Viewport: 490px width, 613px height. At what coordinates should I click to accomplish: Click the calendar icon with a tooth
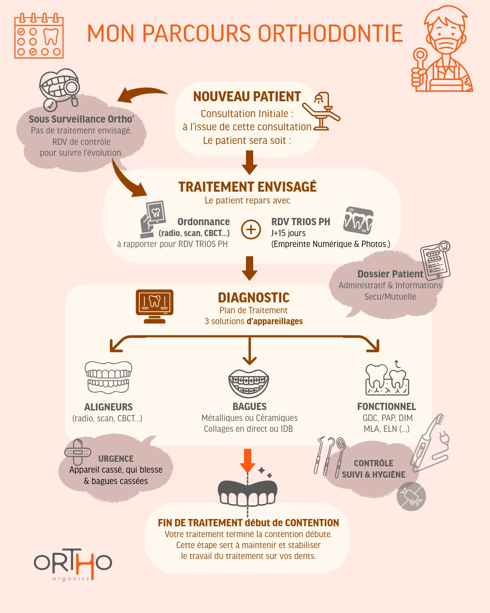pyautogui.click(x=39, y=36)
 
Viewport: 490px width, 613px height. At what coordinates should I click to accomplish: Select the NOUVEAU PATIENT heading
pyautogui.click(x=247, y=97)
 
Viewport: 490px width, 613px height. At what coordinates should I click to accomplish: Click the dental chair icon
pyautogui.click(x=322, y=111)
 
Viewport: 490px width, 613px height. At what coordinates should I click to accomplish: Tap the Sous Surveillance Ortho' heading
pyautogui.click(x=81, y=119)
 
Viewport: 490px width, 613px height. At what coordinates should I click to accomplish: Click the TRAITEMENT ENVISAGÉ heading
pyautogui.click(x=247, y=187)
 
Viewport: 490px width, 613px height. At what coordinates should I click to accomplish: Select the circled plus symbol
pyautogui.click(x=251, y=229)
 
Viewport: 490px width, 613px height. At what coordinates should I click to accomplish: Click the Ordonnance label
pyautogui.click(x=203, y=222)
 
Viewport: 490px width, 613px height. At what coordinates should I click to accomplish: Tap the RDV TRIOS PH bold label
pyautogui.click(x=300, y=222)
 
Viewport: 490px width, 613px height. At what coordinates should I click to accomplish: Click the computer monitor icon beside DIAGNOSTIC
pyautogui.click(x=155, y=306)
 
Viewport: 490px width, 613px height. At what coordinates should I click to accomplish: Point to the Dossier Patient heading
pyautogui.click(x=390, y=274)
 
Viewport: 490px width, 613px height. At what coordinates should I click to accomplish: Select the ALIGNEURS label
pyautogui.click(x=108, y=407)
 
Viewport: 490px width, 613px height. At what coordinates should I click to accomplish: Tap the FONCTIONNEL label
pyautogui.click(x=386, y=406)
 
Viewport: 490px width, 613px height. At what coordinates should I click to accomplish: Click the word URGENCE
pyautogui.click(x=116, y=459)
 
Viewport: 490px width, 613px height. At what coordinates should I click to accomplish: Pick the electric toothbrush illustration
pyautogui.click(x=429, y=443)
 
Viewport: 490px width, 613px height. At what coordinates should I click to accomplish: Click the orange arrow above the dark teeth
pyautogui.click(x=247, y=460)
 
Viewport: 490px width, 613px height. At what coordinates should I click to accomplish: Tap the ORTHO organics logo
pyautogui.click(x=73, y=564)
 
